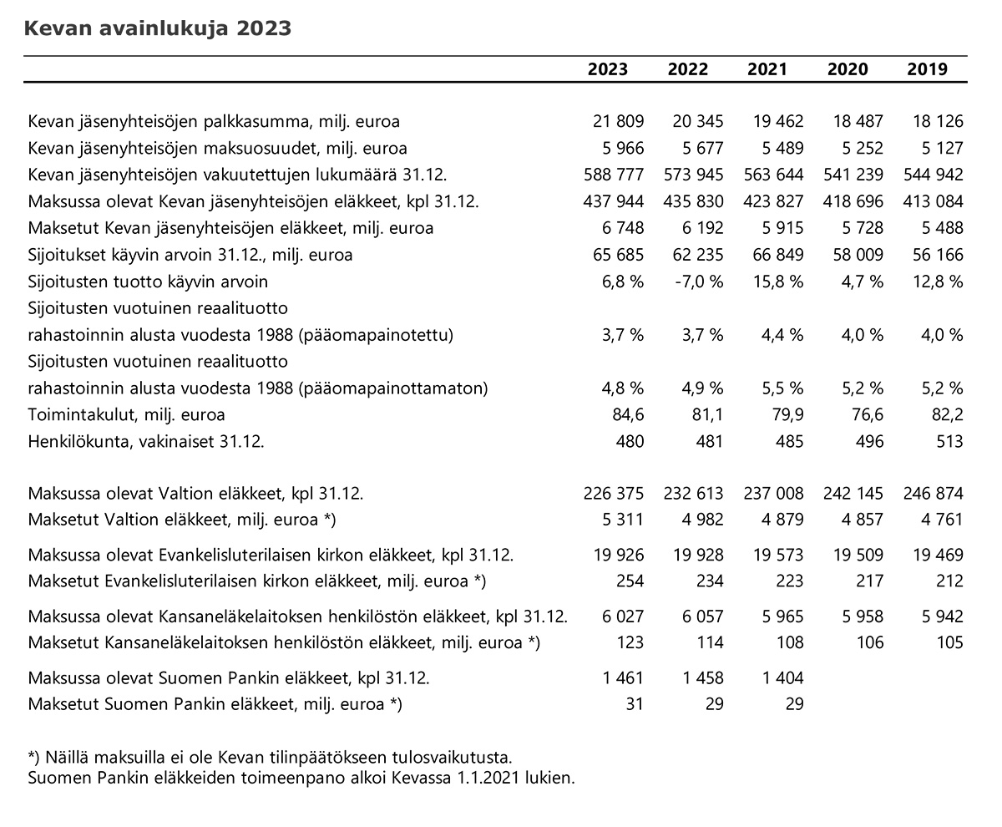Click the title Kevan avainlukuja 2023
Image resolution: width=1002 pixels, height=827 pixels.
point(158,28)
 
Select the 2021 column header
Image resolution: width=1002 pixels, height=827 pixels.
point(767,69)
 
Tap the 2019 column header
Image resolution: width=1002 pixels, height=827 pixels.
point(927,69)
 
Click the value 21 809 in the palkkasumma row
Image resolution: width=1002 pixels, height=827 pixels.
point(618,121)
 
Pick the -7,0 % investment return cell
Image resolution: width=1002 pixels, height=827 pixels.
point(699,282)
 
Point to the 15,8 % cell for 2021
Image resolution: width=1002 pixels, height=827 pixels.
point(779,282)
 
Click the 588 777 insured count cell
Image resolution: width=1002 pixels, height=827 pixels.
point(614,175)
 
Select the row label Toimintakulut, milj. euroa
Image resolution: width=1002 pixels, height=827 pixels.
point(126,414)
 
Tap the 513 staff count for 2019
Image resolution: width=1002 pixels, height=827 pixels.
point(949,441)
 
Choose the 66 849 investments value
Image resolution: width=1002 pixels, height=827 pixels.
point(778,255)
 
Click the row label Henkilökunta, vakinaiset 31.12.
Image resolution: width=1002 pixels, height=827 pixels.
point(146,441)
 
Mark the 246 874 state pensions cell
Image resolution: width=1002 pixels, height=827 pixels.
point(934,493)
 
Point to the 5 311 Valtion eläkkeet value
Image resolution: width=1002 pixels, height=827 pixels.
point(623,519)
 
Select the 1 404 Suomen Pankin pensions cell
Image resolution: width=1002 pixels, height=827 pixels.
point(782,677)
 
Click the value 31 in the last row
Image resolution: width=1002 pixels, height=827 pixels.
point(635,703)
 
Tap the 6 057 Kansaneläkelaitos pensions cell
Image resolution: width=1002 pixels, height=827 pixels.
point(702,616)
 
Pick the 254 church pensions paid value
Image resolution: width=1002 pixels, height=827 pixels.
point(630,581)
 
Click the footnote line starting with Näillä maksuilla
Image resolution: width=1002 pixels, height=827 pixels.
point(271,758)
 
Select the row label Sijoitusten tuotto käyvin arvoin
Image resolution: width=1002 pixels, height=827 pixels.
point(148,282)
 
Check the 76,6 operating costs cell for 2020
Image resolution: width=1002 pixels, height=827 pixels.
point(868,414)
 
